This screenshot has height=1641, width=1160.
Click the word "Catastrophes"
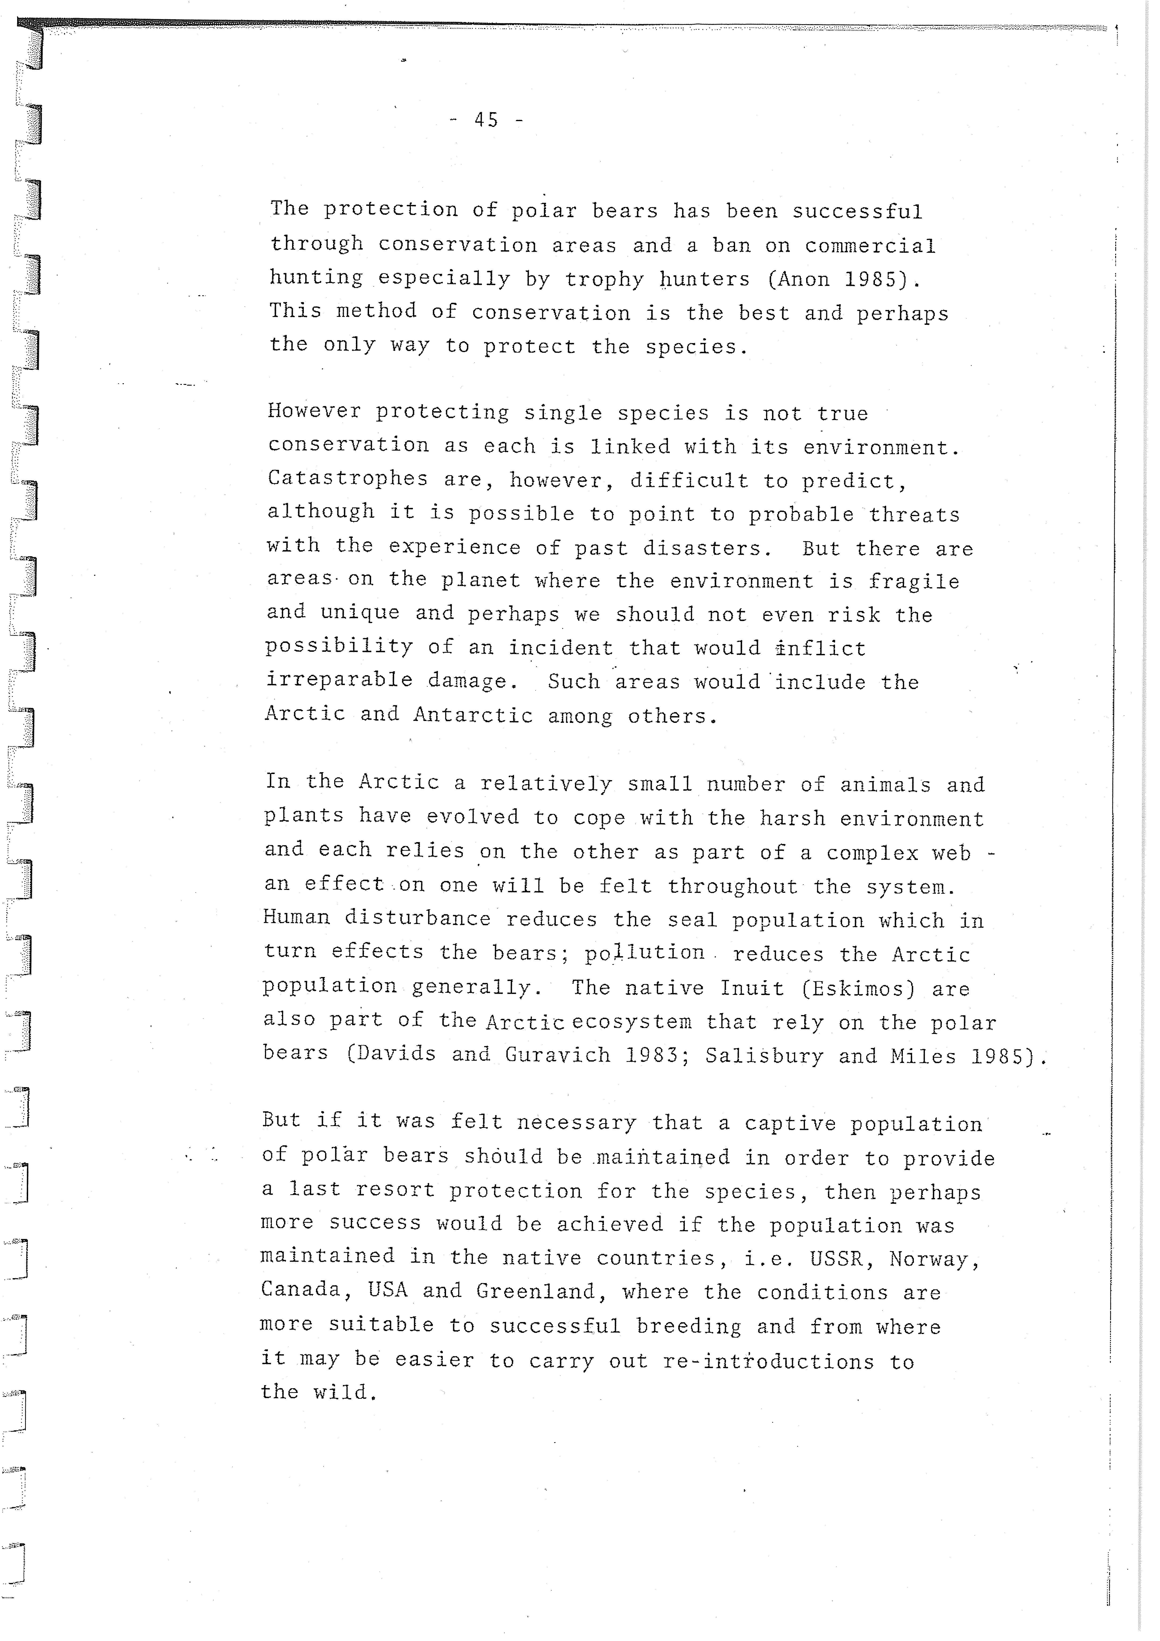347,478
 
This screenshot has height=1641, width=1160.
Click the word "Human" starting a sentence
296,917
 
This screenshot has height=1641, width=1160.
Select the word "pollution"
645,953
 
